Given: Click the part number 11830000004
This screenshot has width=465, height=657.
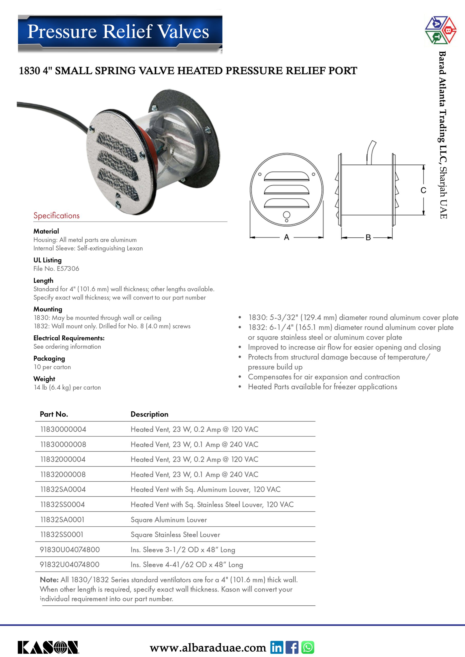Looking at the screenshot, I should pyautogui.click(x=63, y=429).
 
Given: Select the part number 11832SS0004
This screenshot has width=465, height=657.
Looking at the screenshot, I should pyautogui.click(x=62, y=505).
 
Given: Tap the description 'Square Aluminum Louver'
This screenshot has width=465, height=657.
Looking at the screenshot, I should pyautogui.click(x=169, y=520).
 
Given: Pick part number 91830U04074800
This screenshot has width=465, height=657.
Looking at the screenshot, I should pyautogui.click(x=70, y=550).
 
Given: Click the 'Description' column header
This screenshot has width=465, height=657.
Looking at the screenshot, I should pyautogui.click(x=149, y=414).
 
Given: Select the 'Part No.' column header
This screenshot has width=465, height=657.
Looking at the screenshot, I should pyautogui.click(x=54, y=414).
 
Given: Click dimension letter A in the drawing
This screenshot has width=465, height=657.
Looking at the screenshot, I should pyautogui.click(x=286, y=237).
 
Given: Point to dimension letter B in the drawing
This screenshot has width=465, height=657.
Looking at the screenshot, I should pyautogui.click(x=368, y=237).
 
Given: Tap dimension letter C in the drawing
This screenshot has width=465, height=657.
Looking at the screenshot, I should pyautogui.click(x=423, y=190).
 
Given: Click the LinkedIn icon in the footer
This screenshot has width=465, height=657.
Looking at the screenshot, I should pyautogui.click(x=276, y=647).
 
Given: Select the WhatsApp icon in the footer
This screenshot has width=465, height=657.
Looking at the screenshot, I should pyautogui.click(x=308, y=647).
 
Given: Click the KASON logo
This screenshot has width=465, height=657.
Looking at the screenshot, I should pyautogui.click(x=48, y=647).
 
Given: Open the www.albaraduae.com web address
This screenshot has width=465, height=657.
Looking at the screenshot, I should pyautogui.click(x=208, y=648).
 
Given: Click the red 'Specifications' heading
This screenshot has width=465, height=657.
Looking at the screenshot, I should pyautogui.click(x=57, y=216).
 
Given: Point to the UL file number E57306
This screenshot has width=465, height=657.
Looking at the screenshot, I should pyautogui.click(x=68, y=268).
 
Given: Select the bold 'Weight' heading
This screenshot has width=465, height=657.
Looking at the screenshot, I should pyautogui.click(x=44, y=379).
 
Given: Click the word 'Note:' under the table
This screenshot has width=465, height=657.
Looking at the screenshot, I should pyautogui.click(x=49, y=580).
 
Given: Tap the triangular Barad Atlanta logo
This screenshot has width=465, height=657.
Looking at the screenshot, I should pyautogui.click(x=440, y=30).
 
